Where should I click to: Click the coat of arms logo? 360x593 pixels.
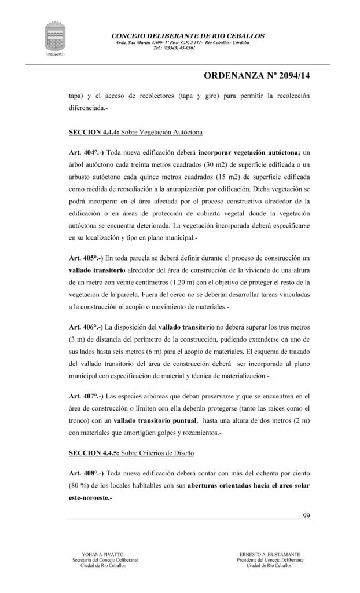(57, 39)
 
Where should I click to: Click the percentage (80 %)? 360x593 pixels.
(80, 486)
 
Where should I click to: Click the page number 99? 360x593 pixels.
(307, 516)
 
